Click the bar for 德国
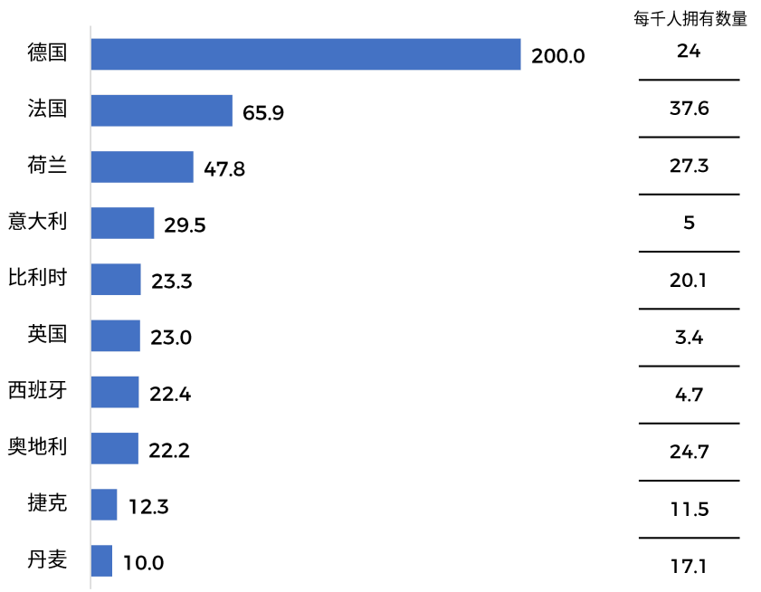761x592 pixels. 306,54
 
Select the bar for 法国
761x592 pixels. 162,110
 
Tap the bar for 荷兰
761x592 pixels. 142,167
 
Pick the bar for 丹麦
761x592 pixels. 101,561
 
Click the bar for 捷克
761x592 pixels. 104,505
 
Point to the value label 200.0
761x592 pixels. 558,56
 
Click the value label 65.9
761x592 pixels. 263,112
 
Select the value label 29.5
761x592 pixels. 185,224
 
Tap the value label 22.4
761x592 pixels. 169,394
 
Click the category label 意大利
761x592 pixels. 37,221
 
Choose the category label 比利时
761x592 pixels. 37,277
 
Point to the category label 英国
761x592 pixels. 47,334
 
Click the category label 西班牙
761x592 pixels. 37,390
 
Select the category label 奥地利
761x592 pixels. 37,446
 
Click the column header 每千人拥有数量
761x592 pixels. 690,19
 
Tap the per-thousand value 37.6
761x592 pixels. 690,109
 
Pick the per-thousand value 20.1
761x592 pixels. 690,281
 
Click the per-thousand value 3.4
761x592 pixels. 690,339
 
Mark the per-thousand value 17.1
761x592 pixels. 690,567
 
